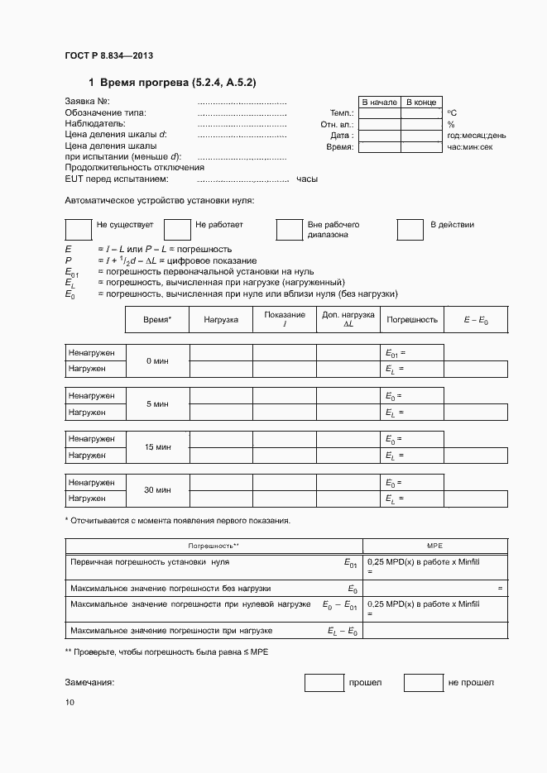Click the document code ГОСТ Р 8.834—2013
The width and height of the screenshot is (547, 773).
point(108,55)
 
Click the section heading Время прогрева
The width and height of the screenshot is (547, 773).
point(177,83)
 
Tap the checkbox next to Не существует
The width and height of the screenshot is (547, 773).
point(78,229)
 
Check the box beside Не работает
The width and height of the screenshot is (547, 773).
point(177,229)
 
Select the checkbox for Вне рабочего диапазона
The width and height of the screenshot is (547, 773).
point(289,229)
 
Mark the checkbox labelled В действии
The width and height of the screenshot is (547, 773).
point(410,229)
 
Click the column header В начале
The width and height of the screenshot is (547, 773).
point(379,102)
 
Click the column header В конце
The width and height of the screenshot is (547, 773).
point(421,102)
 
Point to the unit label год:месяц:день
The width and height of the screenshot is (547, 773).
point(477,135)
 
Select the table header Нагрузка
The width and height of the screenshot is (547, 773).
point(221,318)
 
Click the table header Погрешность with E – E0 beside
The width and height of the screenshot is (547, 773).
point(412,318)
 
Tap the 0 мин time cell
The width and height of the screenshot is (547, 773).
point(157,361)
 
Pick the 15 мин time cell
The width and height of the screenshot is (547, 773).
point(157,447)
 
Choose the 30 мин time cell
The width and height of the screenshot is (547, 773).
point(157,490)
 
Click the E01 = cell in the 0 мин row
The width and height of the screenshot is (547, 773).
point(411,353)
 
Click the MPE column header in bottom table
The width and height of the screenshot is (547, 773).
point(435,546)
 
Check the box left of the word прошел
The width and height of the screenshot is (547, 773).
point(324,683)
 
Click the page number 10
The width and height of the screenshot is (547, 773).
point(70,703)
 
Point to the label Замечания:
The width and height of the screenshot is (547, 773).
point(89,683)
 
